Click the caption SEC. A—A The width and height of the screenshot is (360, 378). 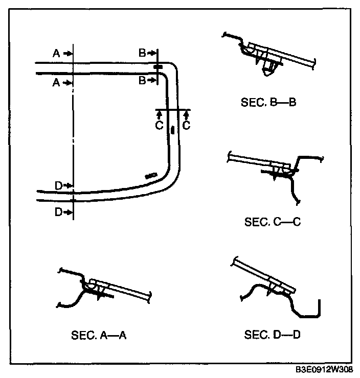[x=99, y=335]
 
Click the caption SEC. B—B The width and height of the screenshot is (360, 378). [x=268, y=102]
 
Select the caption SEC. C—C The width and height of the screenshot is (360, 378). [x=273, y=222]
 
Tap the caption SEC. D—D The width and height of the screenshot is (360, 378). [x=272, y=335]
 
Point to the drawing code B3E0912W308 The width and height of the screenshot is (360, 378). [x=324, y=369]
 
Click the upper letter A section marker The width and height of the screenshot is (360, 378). [x=56, y=53]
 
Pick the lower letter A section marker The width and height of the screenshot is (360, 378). [x=56, y=83]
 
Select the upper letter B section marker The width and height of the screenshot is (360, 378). [x=142, y=53]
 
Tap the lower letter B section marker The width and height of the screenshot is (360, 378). [x=142, y=80]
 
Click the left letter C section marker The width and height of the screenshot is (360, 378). [x=159, y=125]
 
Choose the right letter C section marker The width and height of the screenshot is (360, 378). [x=186, y=125]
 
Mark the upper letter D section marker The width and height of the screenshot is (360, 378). [x=59, y=185]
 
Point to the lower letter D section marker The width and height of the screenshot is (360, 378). [x=59, y=212]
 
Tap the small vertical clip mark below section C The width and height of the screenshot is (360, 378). [x=172, y=130]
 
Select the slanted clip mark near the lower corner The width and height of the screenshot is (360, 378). [x=151, y=176]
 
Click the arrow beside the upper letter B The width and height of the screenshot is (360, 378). [x=151, y=53]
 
